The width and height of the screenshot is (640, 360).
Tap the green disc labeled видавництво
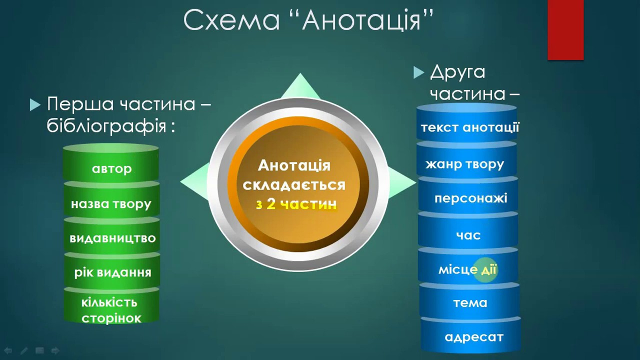(111, 235)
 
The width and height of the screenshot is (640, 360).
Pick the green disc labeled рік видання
(112, 270)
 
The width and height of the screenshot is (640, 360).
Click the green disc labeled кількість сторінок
(111, 305)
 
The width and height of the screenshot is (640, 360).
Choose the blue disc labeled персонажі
(468, 195)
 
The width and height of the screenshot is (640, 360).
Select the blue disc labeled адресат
(470, 335)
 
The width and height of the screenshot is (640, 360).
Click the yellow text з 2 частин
(296, 204)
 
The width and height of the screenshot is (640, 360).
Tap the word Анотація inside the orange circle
(294, 165)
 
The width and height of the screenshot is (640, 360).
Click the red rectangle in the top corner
(565, 30)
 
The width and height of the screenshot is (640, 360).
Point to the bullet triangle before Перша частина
(35, 104)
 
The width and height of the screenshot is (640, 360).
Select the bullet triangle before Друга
(418, 72)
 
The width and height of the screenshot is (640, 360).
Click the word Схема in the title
(231, 20)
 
